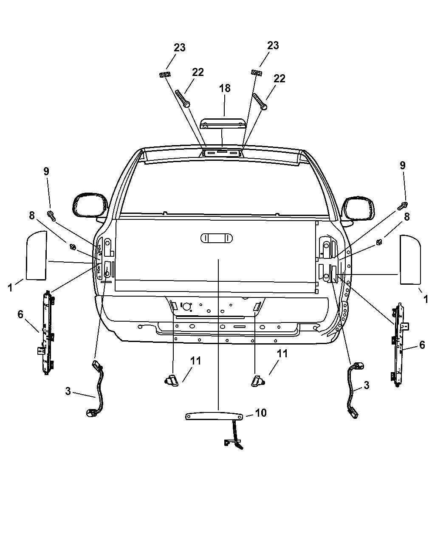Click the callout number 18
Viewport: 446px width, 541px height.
coord(224,88)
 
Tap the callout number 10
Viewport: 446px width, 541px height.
coord(261,413)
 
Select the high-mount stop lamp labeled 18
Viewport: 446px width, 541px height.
coord(222,123)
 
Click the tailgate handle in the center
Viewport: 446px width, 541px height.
coord(217,238)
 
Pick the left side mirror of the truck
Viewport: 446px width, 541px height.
coord(90,205)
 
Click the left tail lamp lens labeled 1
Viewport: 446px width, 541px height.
coord(37,255)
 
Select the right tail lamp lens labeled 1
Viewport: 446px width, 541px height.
coord(410,260)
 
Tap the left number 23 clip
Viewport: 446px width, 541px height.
coord(165,75)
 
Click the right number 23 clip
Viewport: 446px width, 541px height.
coord(256,73)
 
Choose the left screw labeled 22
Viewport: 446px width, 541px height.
coord(183,98)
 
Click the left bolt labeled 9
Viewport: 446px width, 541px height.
coord(51,216)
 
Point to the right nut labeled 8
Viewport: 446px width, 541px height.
coord(379,242)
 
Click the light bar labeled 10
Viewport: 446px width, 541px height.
coord(215,416)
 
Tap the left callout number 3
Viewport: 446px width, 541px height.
coord(68,391)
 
